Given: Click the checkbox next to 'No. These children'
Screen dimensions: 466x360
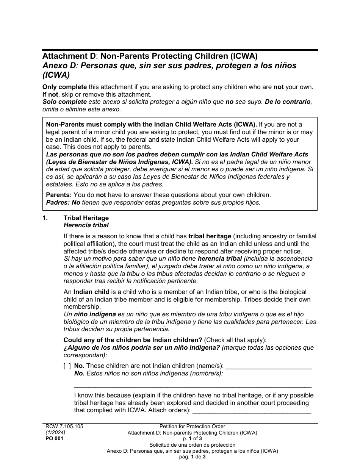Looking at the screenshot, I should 67,366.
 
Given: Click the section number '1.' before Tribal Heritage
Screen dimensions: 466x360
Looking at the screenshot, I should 45,218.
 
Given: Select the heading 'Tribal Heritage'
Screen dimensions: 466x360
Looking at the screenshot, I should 86,218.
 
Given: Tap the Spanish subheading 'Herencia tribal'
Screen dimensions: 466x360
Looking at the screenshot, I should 86,225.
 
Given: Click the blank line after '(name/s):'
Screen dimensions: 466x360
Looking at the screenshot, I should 268,367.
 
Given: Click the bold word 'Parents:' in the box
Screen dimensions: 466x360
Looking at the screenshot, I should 59,195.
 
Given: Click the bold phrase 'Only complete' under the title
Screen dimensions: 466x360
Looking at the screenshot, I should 64,87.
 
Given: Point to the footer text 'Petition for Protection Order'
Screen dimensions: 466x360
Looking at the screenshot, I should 192,426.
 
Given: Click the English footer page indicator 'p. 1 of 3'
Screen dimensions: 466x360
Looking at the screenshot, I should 192,439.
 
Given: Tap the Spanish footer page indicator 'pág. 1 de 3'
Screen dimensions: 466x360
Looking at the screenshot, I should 192,457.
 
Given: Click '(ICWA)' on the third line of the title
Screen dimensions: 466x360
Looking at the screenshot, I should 56,75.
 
